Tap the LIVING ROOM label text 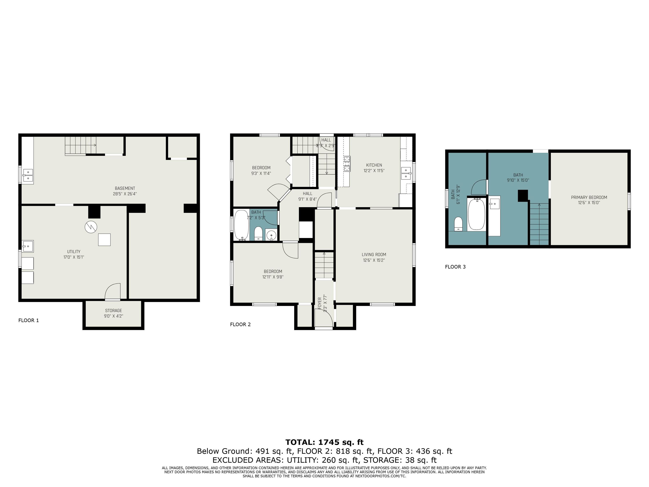[x=374, y=254]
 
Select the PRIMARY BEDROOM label [x=589, y=197]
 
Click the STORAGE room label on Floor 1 [x=113, y=310]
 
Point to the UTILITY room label [x=74, y=252]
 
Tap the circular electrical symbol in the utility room [x=91, y=227]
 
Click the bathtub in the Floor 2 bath [x=241, y=225]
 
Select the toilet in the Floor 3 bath [x=458, y=224]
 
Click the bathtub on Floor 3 [x=476, y=215]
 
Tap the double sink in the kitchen [x=406, y=173]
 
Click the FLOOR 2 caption [x=240, y=324]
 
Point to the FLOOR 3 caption [x=455, y=267]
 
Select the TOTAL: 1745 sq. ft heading [x=324, y=442]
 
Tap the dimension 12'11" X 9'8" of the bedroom [x=273, y=277]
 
